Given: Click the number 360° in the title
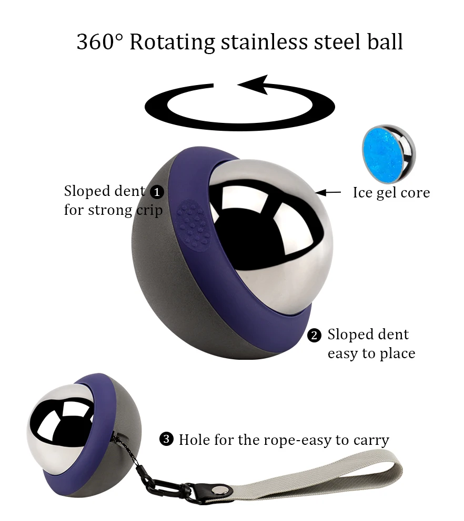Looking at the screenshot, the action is click(99, 42).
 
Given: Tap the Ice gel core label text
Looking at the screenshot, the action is click(391, 193).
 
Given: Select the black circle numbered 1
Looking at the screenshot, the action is click(157, 192).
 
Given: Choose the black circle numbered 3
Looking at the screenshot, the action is click(166, 439).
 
